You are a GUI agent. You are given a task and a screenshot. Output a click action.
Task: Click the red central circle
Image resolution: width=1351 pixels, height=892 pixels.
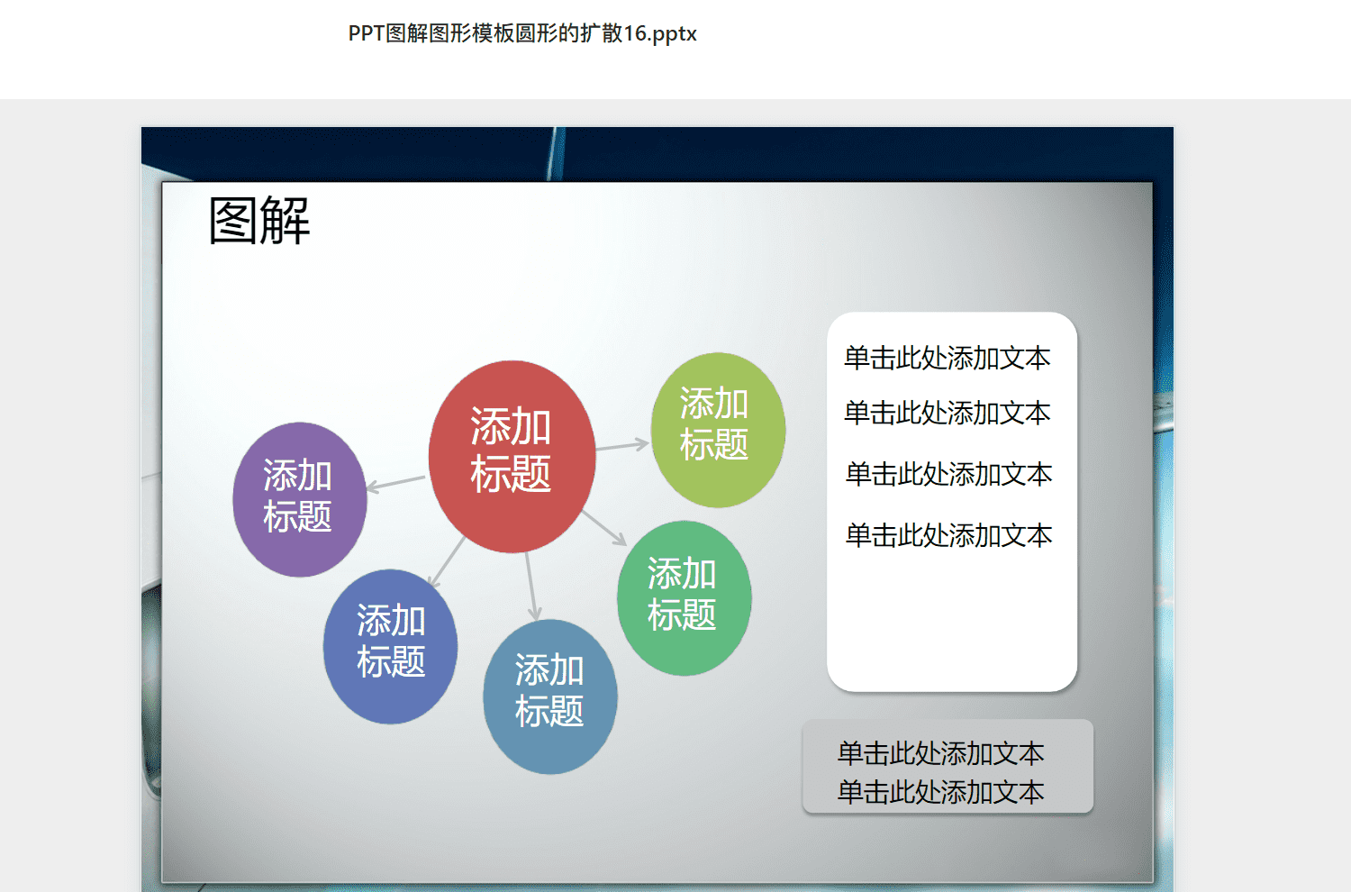512,456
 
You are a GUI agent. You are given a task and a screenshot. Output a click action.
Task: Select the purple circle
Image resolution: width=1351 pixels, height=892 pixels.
300,500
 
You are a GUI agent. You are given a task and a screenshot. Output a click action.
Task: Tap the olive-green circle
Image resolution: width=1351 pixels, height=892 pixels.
718,430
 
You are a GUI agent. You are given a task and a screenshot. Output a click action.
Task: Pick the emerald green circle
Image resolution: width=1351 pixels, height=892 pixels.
684,598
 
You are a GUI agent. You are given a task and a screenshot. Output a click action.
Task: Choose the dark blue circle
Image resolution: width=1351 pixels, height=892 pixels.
390,646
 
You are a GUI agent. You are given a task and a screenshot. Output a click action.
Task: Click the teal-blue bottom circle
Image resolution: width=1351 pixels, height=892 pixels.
550,696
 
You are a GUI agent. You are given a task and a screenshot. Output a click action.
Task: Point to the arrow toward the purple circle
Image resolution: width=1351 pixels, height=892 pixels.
395,484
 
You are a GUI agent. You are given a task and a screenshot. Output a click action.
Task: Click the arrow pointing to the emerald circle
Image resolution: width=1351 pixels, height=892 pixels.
604,528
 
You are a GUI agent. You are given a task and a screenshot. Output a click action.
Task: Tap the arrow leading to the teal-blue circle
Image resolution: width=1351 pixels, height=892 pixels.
531,587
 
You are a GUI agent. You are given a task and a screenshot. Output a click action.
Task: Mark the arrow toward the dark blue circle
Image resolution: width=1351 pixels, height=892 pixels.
447,562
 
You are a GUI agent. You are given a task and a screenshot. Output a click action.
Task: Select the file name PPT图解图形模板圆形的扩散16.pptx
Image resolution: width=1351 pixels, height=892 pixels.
522,33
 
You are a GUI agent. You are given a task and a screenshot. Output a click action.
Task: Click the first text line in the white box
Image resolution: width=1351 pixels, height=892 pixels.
947,358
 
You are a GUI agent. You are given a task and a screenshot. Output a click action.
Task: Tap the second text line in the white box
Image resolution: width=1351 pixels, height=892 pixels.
947,413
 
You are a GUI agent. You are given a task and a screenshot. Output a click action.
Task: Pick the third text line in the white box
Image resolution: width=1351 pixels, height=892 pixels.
948,474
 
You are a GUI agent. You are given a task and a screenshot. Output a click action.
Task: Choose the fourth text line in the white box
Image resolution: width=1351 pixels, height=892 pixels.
948,535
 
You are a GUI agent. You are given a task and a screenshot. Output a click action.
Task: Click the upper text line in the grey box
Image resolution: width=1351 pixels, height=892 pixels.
941,753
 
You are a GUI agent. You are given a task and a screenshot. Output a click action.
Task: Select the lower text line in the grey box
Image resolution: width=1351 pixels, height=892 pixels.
941,792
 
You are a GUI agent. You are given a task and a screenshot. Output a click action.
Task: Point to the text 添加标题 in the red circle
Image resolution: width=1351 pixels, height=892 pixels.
511,450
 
